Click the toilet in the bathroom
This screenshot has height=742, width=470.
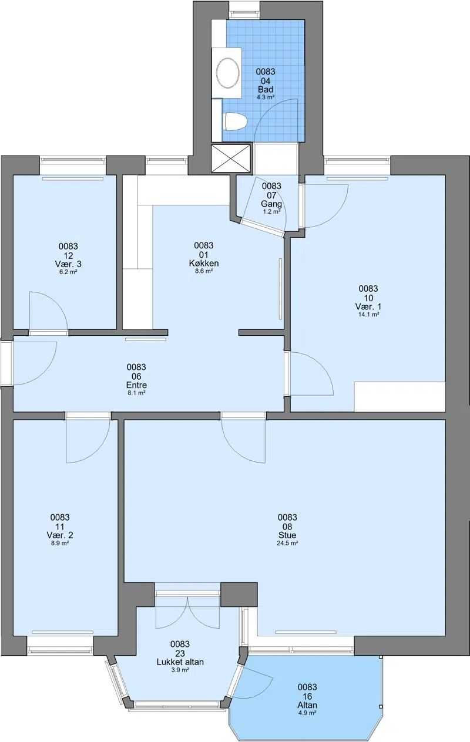click(236, 122)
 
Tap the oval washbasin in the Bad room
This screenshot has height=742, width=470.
click(228, 73)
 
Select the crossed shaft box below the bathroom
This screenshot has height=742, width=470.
click(231, 158)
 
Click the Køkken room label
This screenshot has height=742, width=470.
click(204, 264)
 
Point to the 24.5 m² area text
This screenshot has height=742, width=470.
click(287, 543)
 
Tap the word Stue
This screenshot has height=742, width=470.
click(287, 535)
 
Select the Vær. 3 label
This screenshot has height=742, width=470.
click(68, 264)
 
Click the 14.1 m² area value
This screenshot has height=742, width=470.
click(368, 315)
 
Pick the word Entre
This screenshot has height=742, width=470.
click(136, 385)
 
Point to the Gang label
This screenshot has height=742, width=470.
click(271, 204)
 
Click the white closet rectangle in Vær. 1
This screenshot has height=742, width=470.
click(399, 397)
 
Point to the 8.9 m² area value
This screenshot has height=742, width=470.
click(60, 543)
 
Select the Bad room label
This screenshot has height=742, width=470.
click(266, 89)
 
